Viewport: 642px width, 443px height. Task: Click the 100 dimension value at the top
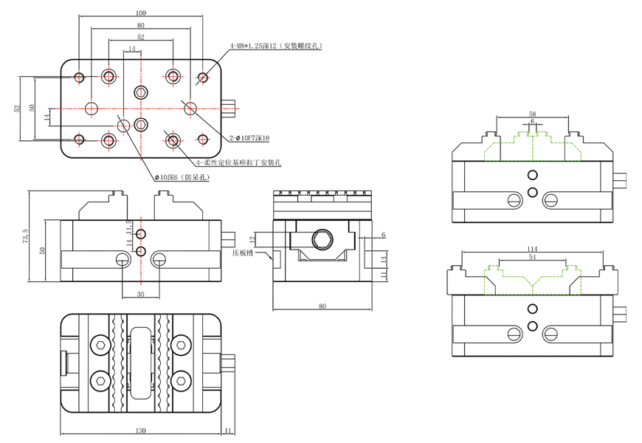[141, 13]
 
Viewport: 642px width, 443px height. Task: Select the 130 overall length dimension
[140, 429]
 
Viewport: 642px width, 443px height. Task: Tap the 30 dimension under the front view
[140, 293]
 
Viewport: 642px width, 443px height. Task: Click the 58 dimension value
[532, 113]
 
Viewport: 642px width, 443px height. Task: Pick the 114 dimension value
[532, 248]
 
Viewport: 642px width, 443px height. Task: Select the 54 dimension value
[532, 256]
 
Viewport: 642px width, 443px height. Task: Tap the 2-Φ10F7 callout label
[249, 138]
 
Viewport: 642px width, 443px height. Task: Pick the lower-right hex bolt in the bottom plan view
[181, 381]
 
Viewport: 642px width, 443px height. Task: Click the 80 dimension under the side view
[322, 304]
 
